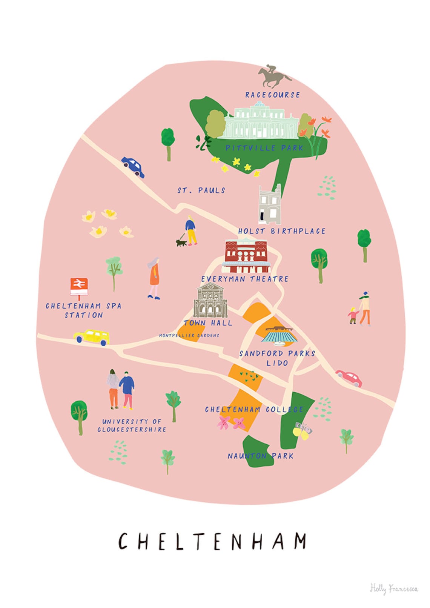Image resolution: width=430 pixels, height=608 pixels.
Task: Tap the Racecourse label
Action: point(272,95)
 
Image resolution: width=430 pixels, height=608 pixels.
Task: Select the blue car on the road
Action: point(133,167)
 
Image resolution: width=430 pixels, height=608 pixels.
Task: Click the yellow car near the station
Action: point(92,336)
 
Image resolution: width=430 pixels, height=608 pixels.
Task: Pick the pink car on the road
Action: point(349,378)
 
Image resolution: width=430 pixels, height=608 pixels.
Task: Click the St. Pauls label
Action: point(201,190)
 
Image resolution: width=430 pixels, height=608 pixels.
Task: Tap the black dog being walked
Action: point(181,243)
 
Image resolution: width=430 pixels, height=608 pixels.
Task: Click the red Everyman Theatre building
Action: point(246,256)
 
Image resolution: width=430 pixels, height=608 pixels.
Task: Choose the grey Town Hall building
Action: point(210,301)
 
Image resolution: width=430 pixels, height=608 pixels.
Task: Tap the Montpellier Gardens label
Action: point(189,335)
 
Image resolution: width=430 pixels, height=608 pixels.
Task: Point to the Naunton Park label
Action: point(260,456)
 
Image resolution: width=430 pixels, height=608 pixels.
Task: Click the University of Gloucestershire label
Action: point(132,425)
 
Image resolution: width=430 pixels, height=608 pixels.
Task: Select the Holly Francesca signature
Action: point(393,588)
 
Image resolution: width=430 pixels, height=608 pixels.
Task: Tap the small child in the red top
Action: point(353,315)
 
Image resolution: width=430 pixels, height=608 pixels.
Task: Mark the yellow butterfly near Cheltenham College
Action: point(302,431)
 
